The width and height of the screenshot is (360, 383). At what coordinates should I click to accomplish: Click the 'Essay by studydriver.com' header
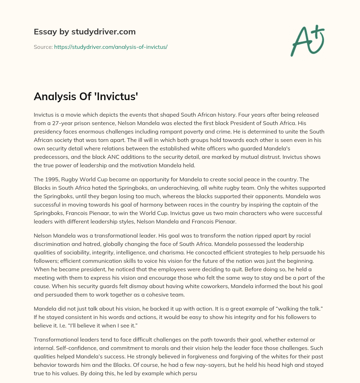[x=84, y=32]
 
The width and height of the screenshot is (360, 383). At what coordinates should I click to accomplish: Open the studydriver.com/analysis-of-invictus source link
[x=111, y=47]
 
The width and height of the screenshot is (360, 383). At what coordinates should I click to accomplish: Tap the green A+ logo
[x=307, y=40]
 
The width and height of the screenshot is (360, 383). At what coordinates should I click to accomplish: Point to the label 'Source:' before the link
[x=43, y=47]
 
